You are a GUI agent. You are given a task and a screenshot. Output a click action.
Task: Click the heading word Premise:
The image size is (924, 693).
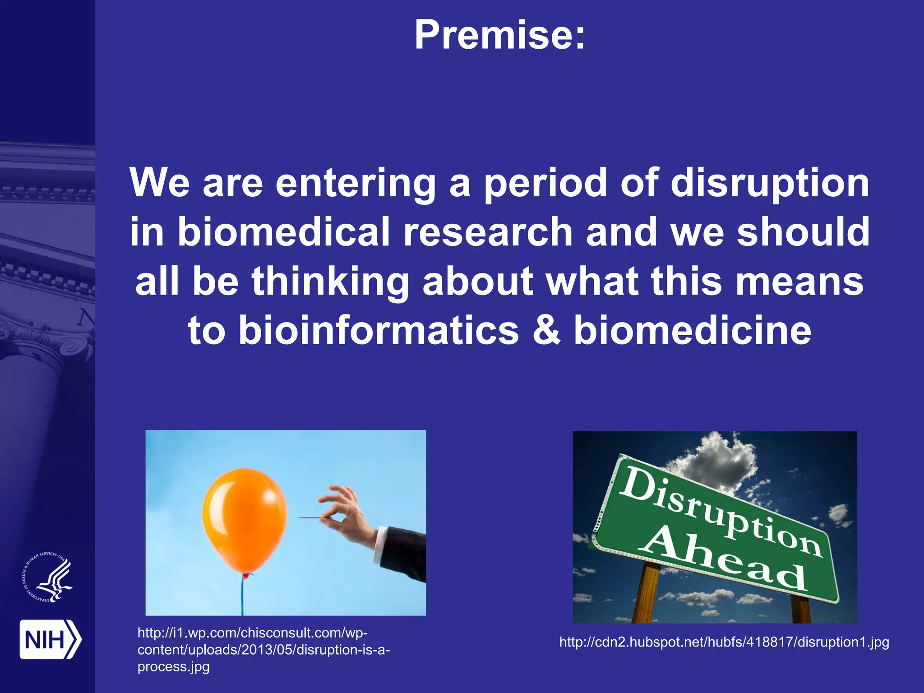pos(499,35)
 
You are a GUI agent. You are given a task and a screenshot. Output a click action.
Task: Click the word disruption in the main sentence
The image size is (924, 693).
pos(769,183)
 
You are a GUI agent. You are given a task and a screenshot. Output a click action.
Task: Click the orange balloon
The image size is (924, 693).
pos(245,519)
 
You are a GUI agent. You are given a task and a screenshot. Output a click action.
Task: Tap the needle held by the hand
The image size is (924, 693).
pos(311,517)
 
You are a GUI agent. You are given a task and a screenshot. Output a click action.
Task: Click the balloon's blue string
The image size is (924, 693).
pos(242,596)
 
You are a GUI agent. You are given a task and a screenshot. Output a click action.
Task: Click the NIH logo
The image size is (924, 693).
pos(50,639)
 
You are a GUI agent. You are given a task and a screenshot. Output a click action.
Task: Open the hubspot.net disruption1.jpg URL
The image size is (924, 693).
pos(724,642)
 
